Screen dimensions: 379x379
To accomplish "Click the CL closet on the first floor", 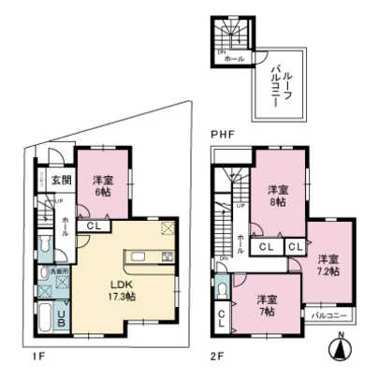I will pyautogui.click(x=95, y=226).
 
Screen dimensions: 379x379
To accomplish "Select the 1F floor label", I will pyautogui.click(x=35, y=357).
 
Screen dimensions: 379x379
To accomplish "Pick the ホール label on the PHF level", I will pyautogui.click(x=233, y=58).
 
